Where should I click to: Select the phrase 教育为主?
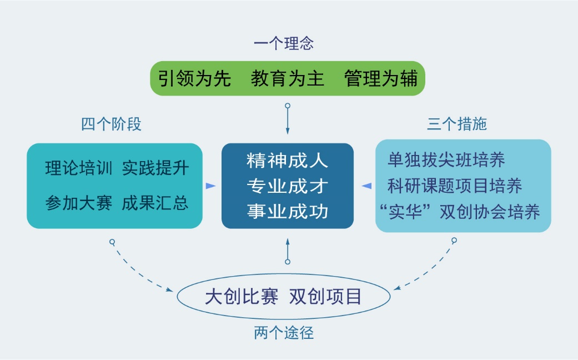point(287,78)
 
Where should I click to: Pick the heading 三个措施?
point(456,124)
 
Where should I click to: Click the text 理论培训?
point(79,168)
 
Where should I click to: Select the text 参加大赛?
point(79,203)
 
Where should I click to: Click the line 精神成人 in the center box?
point(288,162)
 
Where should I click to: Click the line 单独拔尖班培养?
point(446,161)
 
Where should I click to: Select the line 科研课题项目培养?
point(455,186)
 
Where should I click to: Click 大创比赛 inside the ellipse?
point(242,297)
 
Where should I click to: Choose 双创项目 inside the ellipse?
point(325,297)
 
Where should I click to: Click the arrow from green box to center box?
point(288,119)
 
